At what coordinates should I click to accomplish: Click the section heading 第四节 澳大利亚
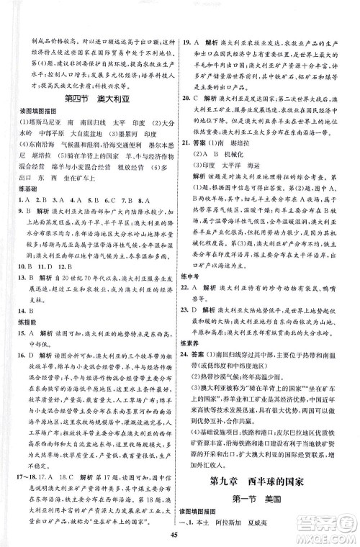(91, 99)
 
